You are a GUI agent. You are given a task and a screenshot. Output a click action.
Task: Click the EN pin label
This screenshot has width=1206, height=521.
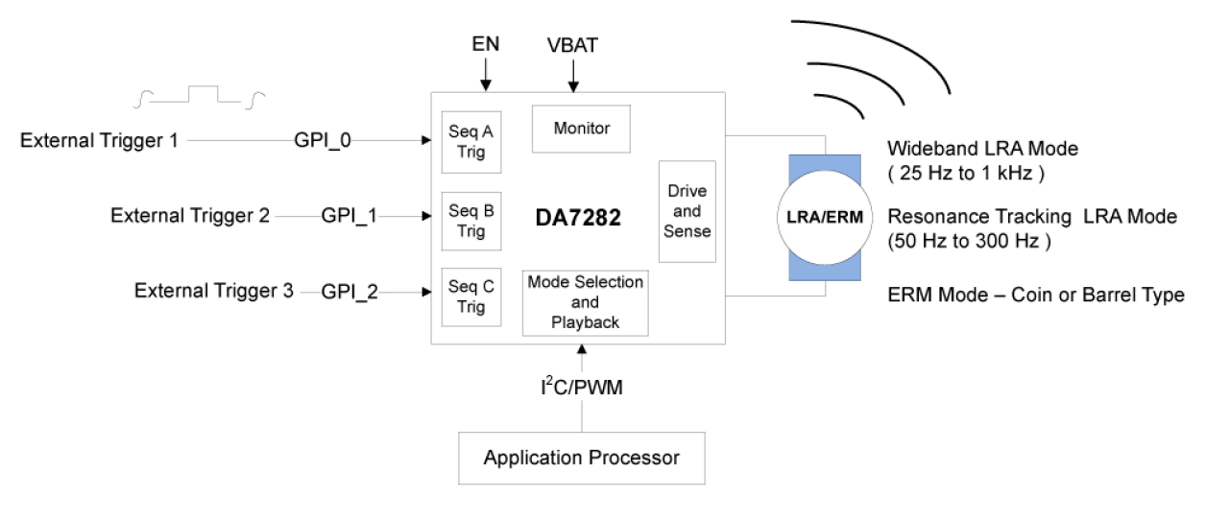(486, 44)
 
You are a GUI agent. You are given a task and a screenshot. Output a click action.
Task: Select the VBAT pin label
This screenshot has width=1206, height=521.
(572, 45)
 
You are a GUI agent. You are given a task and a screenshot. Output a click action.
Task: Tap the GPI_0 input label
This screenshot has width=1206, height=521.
(323, 141)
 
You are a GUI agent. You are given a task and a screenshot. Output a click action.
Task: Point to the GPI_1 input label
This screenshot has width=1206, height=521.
(350, 216)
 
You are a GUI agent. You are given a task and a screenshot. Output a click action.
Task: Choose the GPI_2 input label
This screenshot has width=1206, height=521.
(350, 292)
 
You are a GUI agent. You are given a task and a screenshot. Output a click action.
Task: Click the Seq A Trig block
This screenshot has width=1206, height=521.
(470, 142)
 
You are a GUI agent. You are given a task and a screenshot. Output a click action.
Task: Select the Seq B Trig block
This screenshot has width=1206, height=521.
(470, 221)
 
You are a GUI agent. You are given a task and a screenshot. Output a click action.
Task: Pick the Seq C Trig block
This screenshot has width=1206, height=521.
(470, 297)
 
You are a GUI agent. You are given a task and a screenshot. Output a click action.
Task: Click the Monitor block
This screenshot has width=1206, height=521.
(581, 129)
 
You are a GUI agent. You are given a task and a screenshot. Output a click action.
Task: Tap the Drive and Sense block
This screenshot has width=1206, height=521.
(687, 211)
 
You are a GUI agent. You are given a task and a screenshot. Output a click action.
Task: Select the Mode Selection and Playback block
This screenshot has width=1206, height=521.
(585, 302)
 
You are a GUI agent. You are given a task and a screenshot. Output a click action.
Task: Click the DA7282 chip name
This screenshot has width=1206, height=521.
(578, 218)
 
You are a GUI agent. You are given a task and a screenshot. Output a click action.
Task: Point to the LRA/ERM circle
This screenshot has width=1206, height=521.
(825, 217)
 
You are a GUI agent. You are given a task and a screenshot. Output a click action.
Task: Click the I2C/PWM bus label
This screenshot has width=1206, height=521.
(582, 388)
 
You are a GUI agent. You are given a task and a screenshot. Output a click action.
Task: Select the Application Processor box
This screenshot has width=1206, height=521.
(581, 458)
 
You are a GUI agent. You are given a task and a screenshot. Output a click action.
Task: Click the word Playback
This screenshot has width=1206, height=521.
(585, 322)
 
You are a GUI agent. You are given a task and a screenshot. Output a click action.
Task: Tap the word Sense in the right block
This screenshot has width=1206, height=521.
(687, 231)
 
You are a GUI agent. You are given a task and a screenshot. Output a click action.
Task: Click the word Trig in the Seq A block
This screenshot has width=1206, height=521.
(470, 152)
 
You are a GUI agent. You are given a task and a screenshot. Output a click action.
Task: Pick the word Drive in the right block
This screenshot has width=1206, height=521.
(687, 191)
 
